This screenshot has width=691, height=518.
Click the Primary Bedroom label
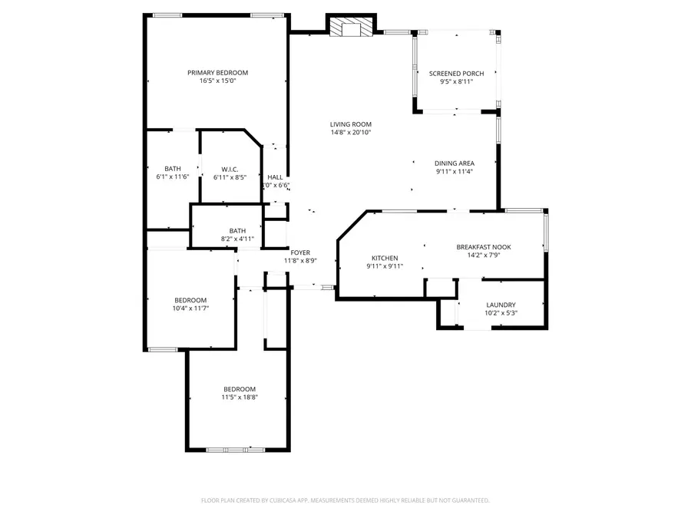tap(218, 73)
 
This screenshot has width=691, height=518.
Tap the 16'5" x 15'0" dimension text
tap(218, 81)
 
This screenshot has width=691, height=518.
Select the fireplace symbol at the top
tap(352, 29)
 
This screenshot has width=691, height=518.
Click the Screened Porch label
tap(456, 74)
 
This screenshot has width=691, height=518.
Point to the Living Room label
tap(351, 124)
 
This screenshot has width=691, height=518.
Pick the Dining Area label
tap(454, 163)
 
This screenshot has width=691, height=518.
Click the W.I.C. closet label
tap(230, 170)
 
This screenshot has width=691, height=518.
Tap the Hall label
tap(275, 177)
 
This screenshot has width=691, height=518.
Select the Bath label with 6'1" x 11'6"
tap(173, 169)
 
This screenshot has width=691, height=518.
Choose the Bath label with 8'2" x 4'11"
tap(237, 231)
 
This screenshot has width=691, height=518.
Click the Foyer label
tap(300, 252)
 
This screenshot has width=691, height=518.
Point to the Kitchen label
tap(385, 258)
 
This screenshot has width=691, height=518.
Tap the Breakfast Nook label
tap(484, 247)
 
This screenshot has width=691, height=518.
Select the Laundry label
tap(501, 305)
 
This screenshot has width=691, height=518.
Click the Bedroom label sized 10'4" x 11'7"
tap(190, 300)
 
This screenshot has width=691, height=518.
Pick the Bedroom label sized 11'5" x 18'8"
tap(240, 389)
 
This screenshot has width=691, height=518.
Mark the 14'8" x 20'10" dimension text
tap(351, 132)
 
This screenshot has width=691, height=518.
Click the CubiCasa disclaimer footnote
tap(345, 500)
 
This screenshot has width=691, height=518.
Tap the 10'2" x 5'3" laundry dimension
tap(501, 313)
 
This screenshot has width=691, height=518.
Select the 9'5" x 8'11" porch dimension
tap(456, 81)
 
